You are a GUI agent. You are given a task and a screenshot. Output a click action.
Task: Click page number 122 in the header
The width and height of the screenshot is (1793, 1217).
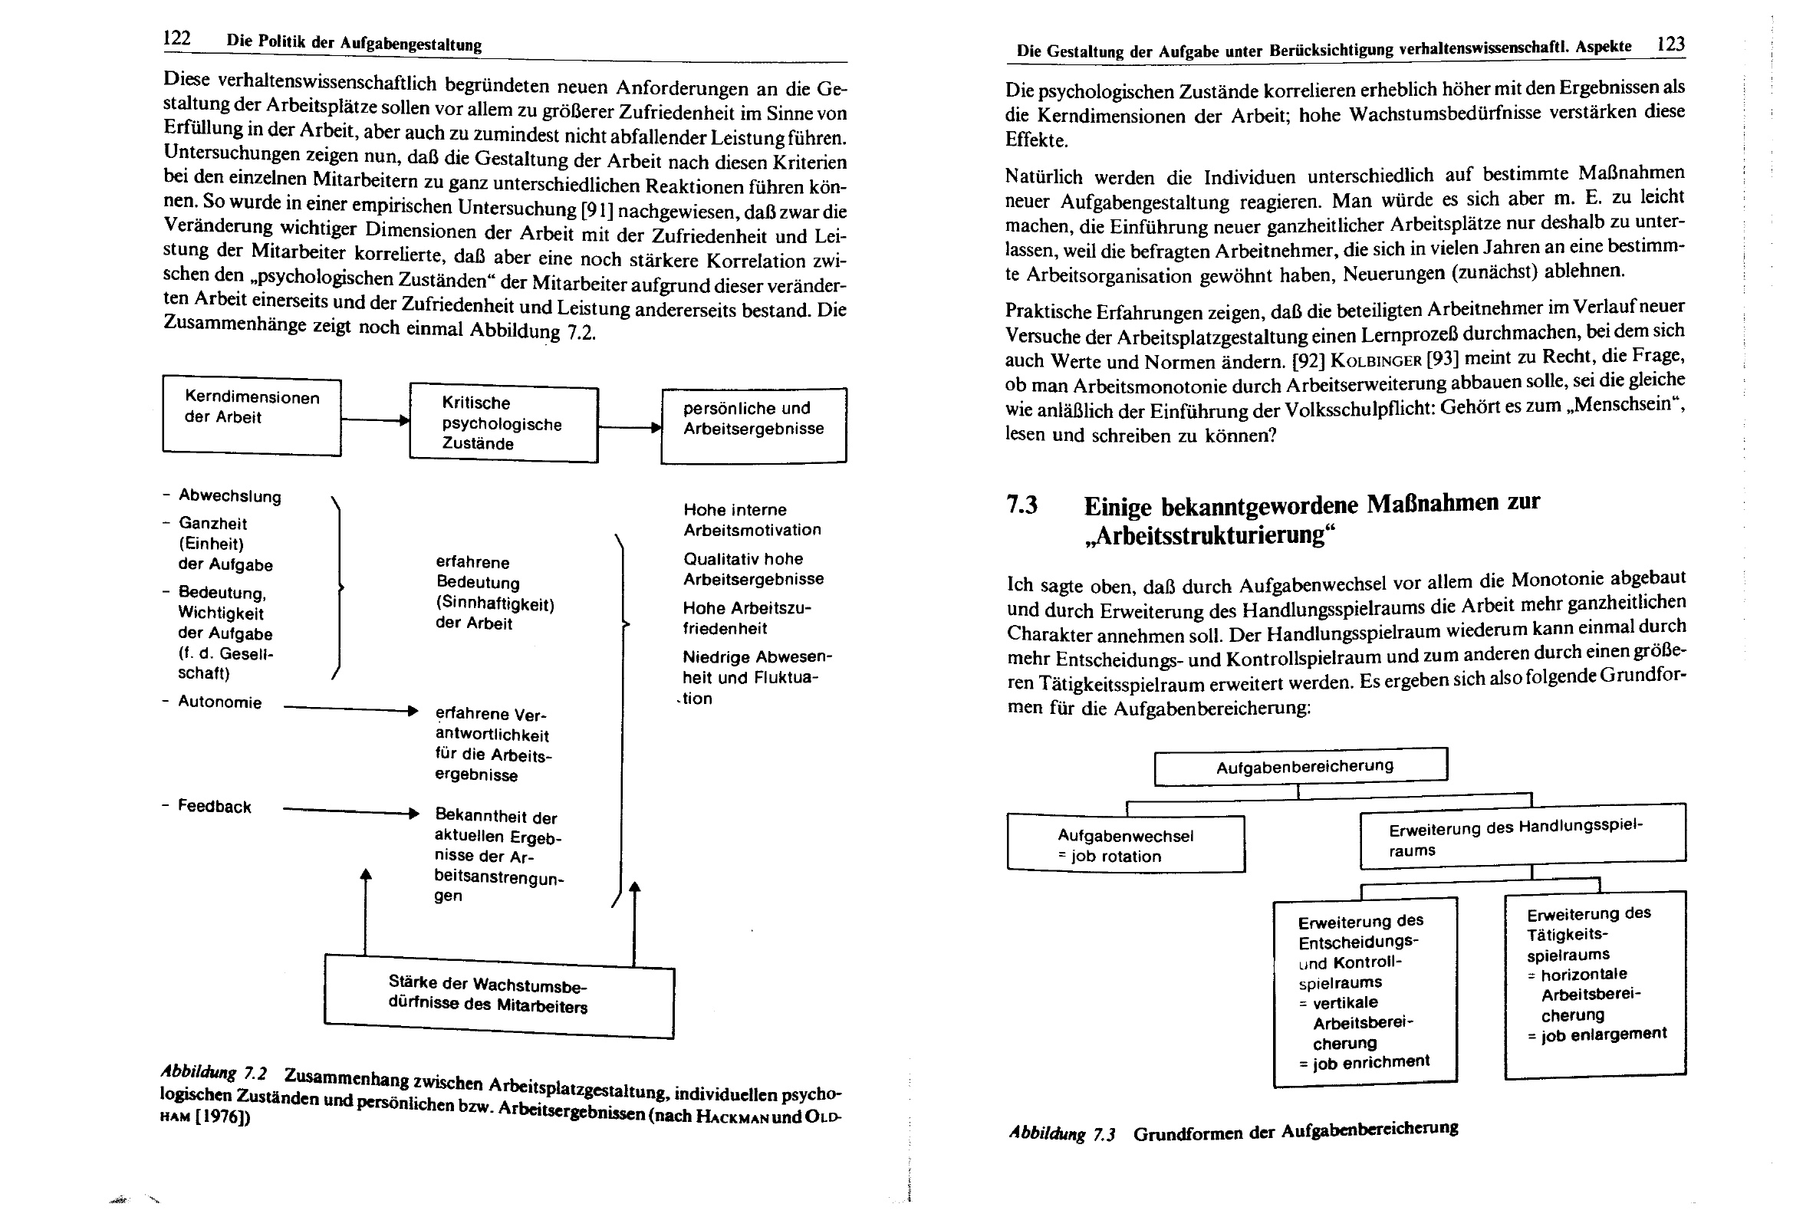click(x=176, y=38)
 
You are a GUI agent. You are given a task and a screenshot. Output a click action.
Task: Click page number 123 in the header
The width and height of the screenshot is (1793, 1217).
click(x=1670, y=44)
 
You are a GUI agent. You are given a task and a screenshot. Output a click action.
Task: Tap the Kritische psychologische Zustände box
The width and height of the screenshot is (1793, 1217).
click(x=503, y=423)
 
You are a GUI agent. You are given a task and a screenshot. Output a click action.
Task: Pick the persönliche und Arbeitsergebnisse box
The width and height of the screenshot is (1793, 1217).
click(x=753, y=425)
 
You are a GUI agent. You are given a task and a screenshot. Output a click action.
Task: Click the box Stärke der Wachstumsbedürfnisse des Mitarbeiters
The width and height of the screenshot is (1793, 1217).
click(x=498, y=996)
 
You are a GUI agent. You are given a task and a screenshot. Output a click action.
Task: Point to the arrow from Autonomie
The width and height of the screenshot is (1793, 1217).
click(x=351, y=709)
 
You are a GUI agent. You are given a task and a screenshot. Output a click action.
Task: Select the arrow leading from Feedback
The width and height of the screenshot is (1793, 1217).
click(x=351, y=812)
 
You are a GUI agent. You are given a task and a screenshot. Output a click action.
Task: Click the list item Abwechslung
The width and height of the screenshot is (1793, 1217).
click(x=229, y=496)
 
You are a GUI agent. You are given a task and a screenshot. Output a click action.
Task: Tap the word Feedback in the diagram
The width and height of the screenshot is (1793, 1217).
click(x=215, y=807)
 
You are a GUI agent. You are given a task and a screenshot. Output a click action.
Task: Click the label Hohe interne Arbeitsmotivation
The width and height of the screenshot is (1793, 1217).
click(x=752, y=519)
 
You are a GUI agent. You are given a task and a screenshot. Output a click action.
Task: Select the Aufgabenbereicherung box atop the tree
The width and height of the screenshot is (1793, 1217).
click(x=1300, y=767)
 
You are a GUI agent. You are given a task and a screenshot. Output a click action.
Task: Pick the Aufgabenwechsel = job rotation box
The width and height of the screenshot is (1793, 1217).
click(x=1126, y=845)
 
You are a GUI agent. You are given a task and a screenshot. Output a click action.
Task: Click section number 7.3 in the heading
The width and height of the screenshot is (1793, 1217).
click(x=1022, y=505)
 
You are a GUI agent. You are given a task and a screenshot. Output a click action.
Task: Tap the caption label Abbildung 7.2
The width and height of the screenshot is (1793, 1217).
click(x=213, y=1073)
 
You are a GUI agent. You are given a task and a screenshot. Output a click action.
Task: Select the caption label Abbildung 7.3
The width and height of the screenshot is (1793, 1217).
click(x=1061, y=1133)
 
